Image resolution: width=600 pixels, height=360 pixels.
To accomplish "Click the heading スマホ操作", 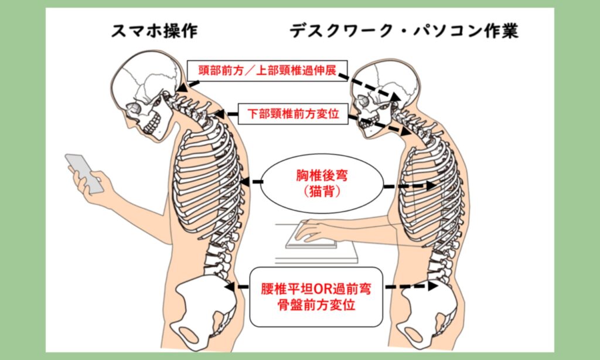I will tap(154, 31).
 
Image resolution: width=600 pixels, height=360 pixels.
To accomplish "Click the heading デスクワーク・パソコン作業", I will tap(404, 31).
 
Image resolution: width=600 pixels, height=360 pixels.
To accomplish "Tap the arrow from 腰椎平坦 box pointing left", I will tap(237, 287).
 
